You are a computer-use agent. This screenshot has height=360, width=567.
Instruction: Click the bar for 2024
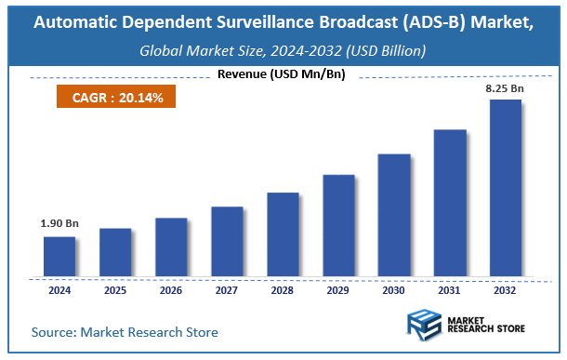point(59,257)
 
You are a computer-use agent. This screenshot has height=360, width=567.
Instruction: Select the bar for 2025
point(115,253)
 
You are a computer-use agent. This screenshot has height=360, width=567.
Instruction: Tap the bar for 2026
point(171,247)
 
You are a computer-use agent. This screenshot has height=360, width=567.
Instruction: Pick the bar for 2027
point(227,242)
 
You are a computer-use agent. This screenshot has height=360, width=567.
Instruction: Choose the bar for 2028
point(283,235)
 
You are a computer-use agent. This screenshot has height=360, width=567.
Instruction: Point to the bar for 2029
point(338,226)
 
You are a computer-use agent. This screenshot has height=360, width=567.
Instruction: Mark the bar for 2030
point(394,216)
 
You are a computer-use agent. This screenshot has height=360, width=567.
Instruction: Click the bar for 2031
point(450,204)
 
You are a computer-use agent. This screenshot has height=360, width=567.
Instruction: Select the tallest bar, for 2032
point(506,189)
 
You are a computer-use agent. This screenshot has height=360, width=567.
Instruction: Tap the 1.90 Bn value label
point(59,224)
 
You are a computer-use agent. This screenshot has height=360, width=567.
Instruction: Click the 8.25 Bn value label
point(507,88)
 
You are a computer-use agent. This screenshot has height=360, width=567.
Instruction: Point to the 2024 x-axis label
point(59,290)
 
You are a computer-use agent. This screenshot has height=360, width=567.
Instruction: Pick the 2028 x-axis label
point(283,290)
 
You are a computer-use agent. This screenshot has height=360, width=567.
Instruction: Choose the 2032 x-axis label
point(506,290)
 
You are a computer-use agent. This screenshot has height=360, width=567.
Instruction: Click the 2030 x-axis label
point(394,290)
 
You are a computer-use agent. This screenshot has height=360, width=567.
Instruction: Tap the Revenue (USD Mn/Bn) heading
point(283,74)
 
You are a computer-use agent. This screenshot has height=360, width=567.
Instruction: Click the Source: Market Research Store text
point(125,332)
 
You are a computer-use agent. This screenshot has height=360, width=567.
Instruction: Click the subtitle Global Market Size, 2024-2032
point(283,51)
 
